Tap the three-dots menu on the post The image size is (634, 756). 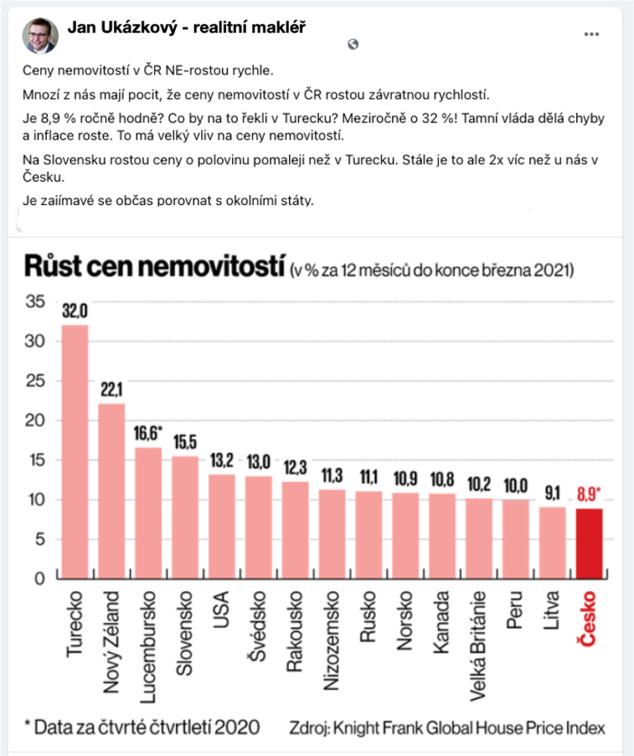pos(590,35)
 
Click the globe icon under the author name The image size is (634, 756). pos(353,45)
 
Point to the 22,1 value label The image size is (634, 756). pos(111,390)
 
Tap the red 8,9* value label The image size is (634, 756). pos(589,496)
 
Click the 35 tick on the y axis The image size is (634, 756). pos(34,302)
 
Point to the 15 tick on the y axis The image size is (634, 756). pos(34,460)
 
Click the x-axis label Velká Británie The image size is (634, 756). pos(478,636)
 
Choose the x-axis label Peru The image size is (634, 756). pos(515,611)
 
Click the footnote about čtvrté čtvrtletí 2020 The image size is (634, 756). pos(141,728)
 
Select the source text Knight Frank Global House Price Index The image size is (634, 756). pos(447,728)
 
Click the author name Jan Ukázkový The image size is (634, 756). pos(186,28)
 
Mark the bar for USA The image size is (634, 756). pos(221,525)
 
